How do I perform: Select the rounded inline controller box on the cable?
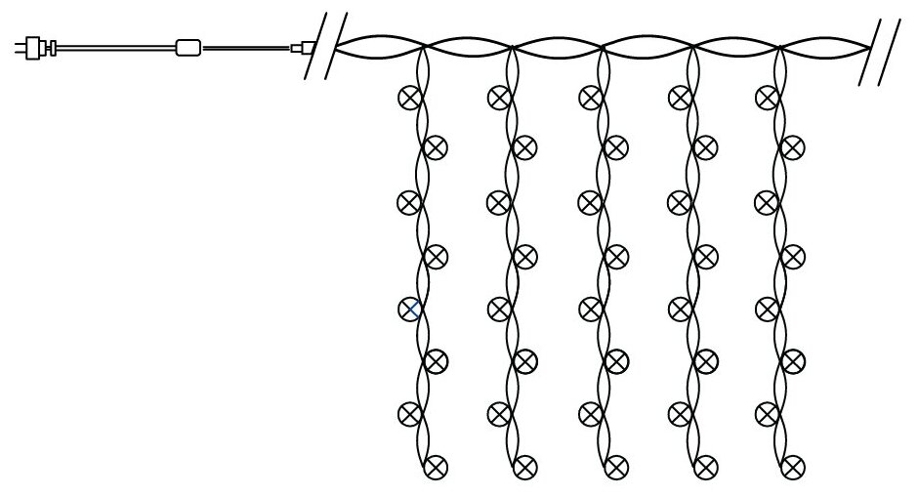[188, 46]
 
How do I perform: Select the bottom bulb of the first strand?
[437, 466]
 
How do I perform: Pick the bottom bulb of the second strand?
[525, 466]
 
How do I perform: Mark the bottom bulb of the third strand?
[615, 466]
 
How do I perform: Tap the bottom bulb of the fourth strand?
[705, 466]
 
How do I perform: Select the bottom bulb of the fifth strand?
[795, 466]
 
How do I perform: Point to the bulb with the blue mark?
[409, 309]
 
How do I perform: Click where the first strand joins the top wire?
[423, 46]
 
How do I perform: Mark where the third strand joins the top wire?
[603, 46]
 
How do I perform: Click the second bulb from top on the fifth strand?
[795, 147]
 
